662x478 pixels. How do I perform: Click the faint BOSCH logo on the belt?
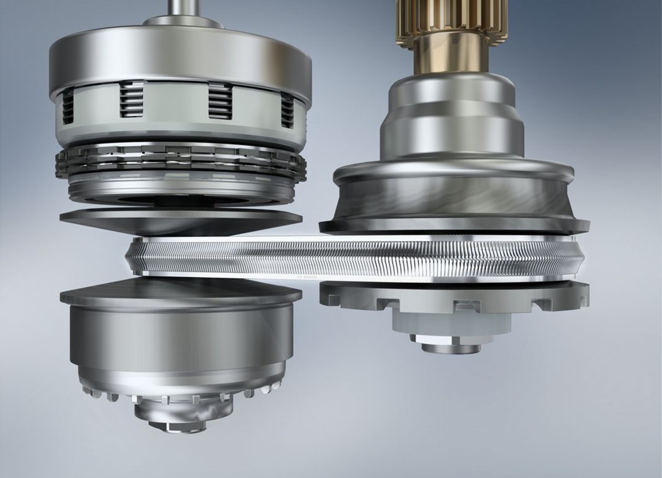[306, 277]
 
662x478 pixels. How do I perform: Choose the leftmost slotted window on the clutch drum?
[68, 106]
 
